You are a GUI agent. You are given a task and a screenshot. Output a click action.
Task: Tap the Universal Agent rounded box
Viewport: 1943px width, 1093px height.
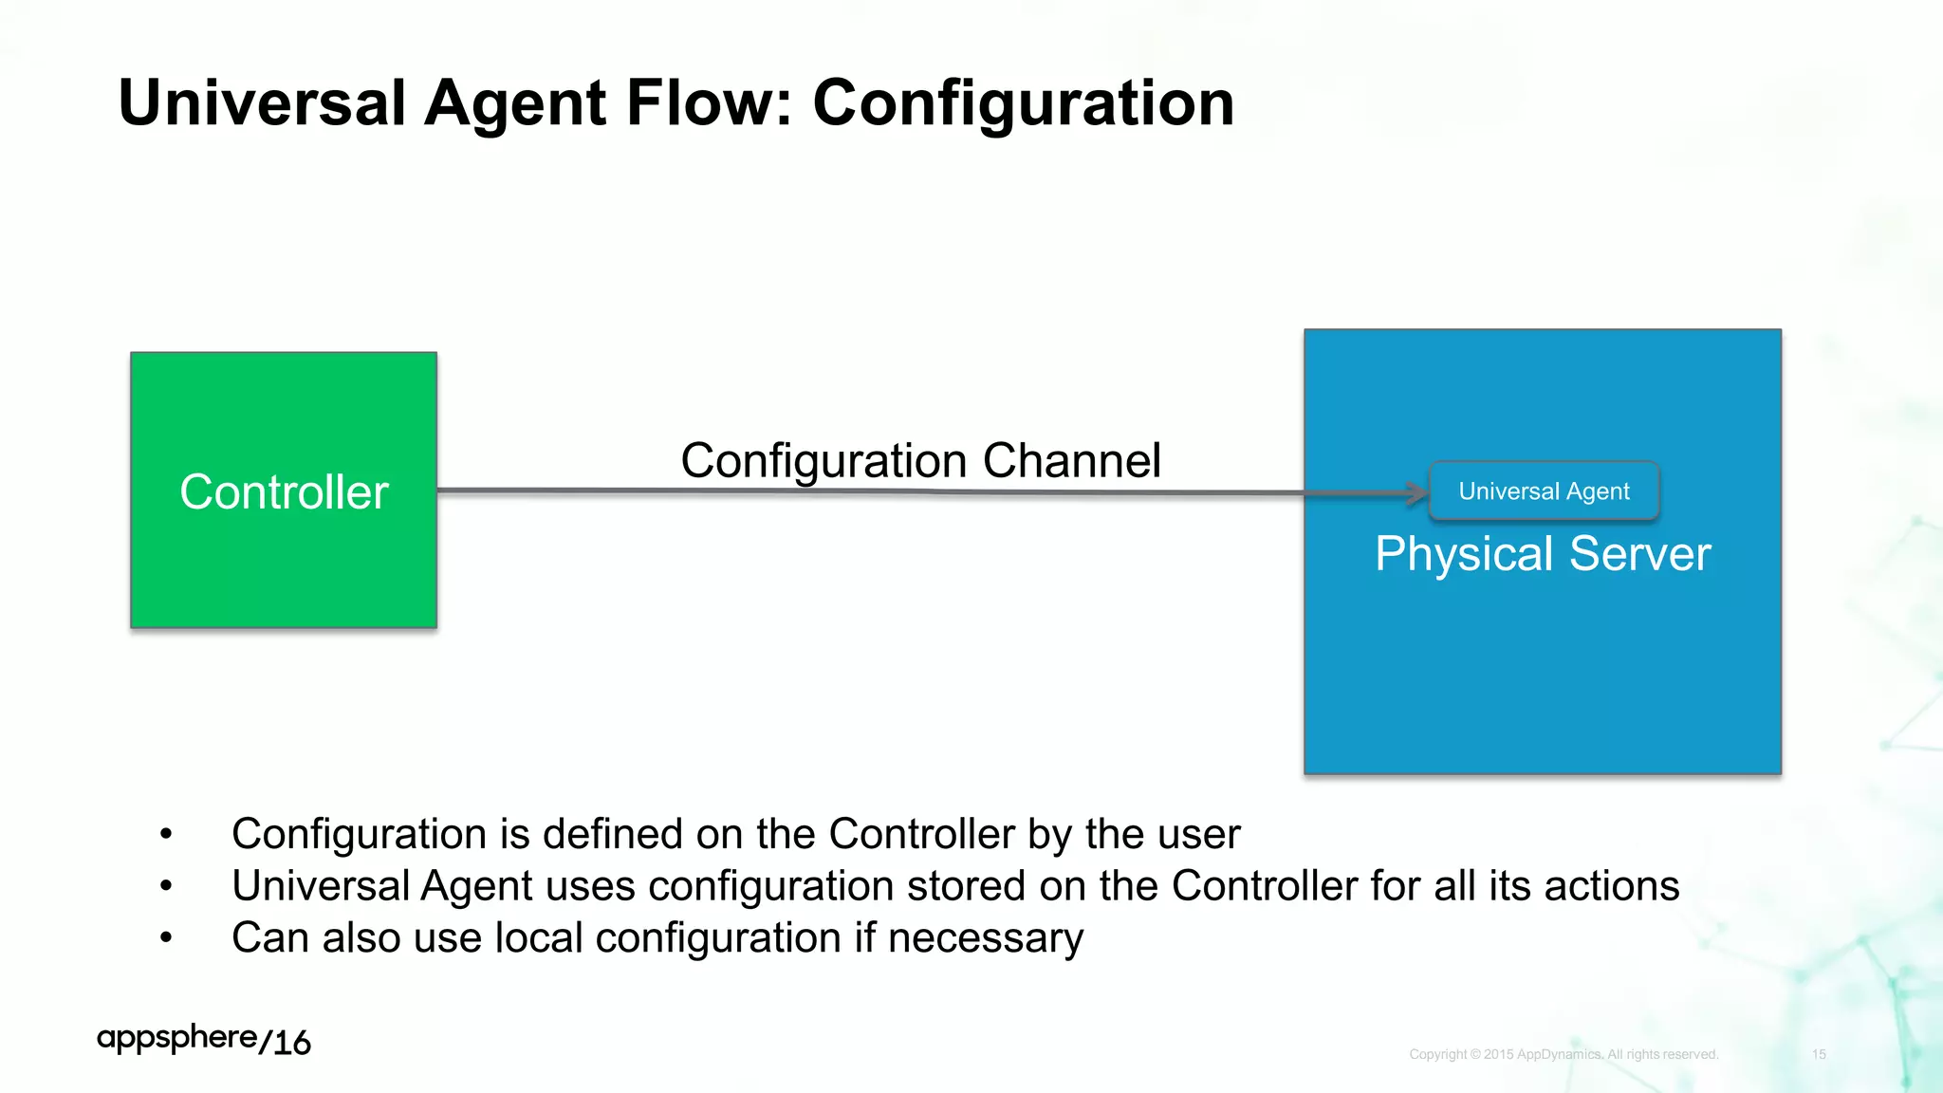(1544, 491)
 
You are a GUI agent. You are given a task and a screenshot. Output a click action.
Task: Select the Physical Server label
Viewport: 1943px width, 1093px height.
(1543, 554)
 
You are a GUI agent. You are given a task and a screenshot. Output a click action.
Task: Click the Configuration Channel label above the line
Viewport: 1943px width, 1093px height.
(920, 461)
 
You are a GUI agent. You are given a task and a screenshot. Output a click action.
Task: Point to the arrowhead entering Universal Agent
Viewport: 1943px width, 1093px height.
(1418, 492)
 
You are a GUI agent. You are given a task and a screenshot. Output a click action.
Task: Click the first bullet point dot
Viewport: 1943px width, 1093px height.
(166, 835)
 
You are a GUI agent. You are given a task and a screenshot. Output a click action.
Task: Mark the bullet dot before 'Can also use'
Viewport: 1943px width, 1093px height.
(166, 938)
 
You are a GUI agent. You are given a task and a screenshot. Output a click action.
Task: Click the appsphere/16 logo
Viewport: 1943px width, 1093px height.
(203, 1040)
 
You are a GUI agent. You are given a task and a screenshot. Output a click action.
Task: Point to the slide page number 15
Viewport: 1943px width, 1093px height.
(1819, 1054)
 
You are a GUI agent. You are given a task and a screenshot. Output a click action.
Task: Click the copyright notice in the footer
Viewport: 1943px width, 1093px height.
(1564, 1054)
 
